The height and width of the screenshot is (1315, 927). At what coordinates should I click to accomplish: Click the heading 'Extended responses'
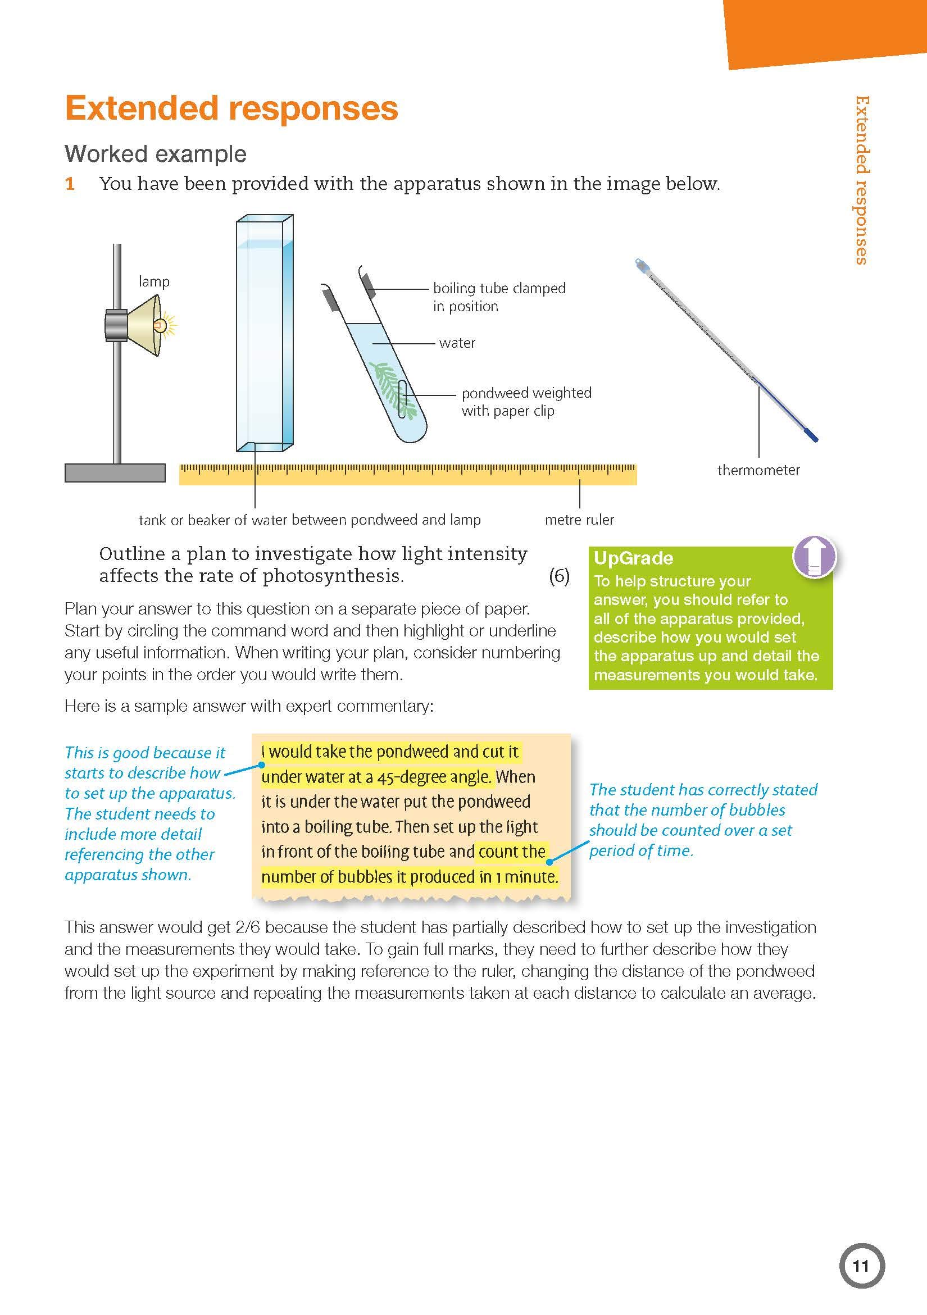[231, 109]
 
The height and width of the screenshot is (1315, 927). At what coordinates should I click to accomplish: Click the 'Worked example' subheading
[155, 154]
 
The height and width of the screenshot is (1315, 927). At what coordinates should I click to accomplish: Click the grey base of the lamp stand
[115, 472]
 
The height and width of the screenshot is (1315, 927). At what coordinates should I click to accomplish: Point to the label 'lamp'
[153, 282]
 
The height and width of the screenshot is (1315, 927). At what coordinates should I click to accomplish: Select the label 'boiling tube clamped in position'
[498, 297]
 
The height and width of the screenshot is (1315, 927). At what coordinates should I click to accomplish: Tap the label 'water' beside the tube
[457, 343]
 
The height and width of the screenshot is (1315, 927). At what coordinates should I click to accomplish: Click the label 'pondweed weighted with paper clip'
[525, 402]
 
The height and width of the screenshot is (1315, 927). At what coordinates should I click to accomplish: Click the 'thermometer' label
[758, 470]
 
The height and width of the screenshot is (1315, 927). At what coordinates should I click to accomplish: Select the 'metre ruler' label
[579, 520]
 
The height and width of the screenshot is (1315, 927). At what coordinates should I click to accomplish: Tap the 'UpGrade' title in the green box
[633, 558]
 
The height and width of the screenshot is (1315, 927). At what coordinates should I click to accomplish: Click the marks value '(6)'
[558, 576]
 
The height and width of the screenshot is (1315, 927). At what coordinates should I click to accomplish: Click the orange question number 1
[70, 184]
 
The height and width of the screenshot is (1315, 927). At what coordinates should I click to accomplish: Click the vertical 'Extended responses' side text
[861, 180]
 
